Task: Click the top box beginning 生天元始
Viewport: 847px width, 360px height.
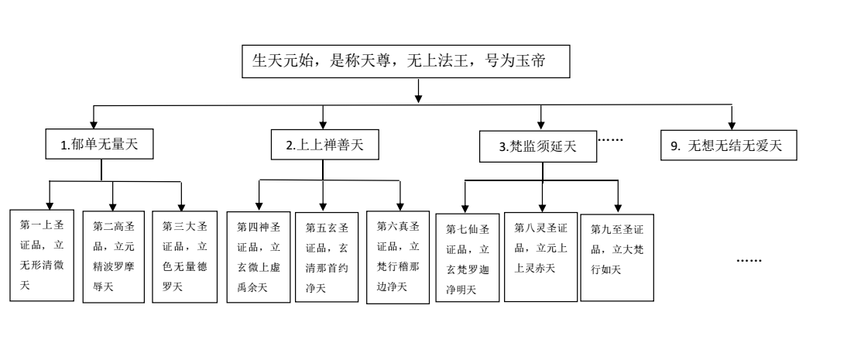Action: [x=407, y=62]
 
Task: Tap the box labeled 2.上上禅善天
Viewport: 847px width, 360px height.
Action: [x=324, y=143]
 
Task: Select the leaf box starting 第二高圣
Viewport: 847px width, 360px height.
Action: [x=113, y=256]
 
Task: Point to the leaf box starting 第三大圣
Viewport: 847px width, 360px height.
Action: [x=184, y=256]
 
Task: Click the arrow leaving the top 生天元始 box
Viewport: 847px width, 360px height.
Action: [x=419, y=91]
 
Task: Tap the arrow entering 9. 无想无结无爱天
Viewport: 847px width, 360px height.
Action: [x=732, y=117]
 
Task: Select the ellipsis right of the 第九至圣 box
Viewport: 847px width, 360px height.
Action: [x=749, y=260]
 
